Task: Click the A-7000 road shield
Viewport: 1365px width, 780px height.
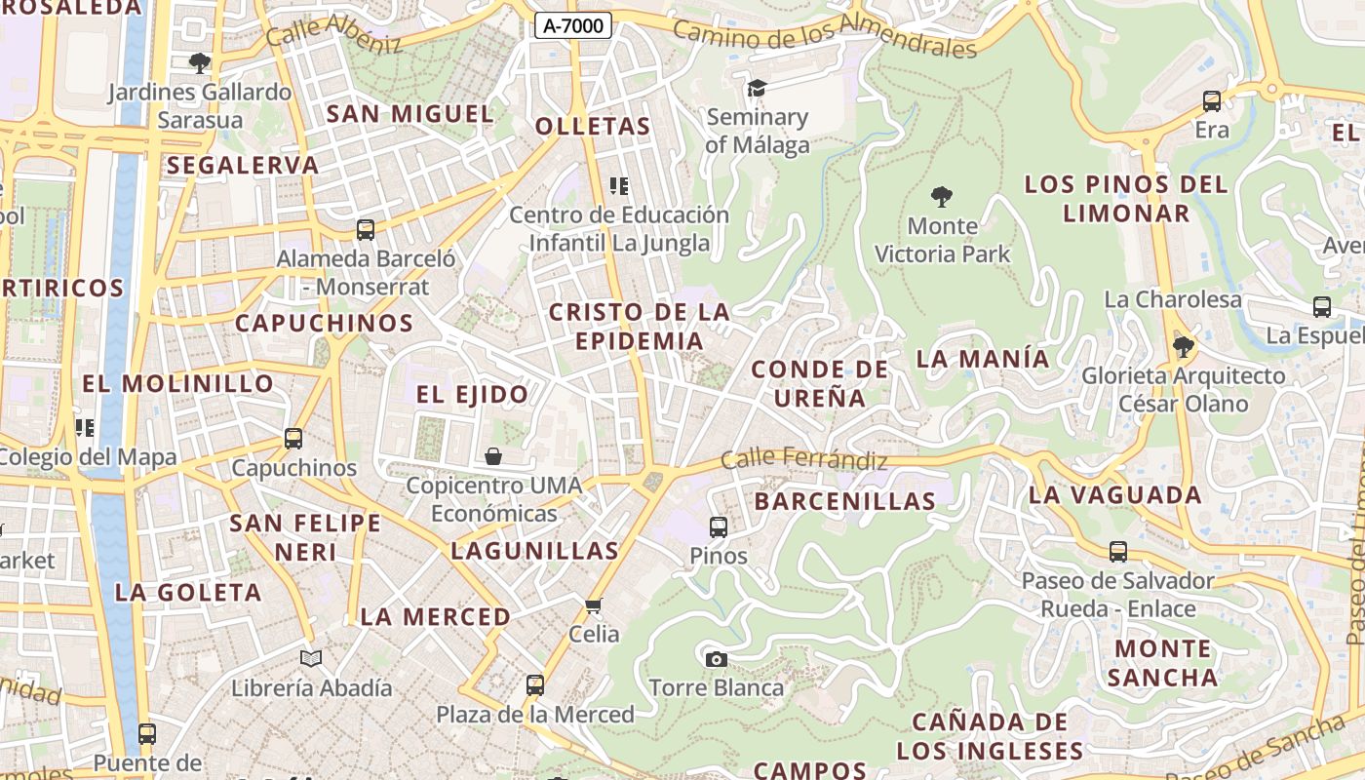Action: [573, 26]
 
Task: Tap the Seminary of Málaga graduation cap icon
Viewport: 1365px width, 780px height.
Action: [757, 89]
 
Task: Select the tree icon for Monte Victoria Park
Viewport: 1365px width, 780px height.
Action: [941, 197]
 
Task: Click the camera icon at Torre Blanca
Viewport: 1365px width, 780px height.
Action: [717, 659]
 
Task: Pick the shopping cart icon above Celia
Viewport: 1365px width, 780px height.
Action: [594, 605]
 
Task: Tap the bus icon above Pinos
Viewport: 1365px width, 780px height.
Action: [719, 527]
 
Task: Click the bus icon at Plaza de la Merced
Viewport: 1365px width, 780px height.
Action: [534, 685]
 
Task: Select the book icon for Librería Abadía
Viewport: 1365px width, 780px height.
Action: [311, 659]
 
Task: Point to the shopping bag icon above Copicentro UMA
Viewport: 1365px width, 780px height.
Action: [493, 456]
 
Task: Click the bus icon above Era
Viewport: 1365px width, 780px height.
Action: [1212, 101]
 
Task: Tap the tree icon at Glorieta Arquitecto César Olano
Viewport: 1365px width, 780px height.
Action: [1184, 346]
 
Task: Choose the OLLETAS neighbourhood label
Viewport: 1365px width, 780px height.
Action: [593, 127]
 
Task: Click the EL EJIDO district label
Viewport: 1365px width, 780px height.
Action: [473, 395]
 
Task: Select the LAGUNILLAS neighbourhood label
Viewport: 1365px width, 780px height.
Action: [535, 551]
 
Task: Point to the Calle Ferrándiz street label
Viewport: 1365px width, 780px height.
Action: [804, 459]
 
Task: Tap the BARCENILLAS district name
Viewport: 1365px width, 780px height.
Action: [845, 502]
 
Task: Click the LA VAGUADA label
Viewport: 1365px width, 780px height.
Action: [1115, 495]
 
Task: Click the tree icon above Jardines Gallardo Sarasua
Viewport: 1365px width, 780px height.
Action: [200, 64]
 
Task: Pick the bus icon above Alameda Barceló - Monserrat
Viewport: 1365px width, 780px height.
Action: [366, 230]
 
